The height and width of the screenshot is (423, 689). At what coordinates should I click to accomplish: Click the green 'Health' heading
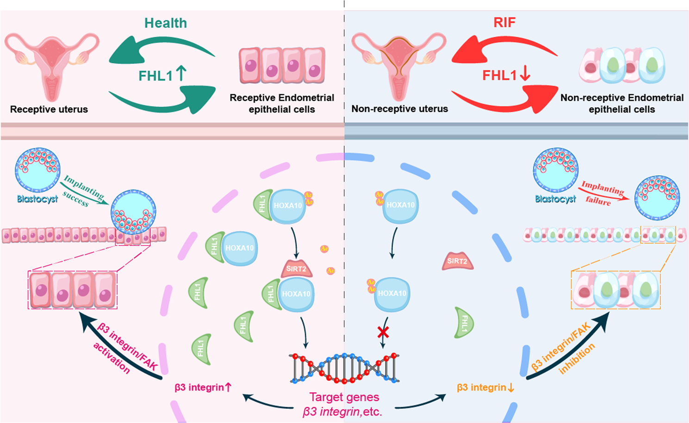[166, 23]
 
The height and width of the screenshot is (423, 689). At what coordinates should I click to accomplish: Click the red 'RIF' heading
[504, 22]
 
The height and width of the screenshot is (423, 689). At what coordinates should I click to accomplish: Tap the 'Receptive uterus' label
[49, 110]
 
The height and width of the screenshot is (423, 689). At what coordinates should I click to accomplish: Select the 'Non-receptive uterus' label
[400, 109]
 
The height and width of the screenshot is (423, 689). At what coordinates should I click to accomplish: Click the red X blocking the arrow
[383, 331]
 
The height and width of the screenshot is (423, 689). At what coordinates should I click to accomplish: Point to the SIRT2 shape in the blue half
[457, 261]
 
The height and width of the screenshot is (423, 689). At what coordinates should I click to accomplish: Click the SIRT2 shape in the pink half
[296, 269]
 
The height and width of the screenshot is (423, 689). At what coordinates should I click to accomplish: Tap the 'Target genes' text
[344, 397]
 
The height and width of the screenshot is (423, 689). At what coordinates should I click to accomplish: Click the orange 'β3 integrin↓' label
[485, 387]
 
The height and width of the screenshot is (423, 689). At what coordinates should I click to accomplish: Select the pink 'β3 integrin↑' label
[203, 387]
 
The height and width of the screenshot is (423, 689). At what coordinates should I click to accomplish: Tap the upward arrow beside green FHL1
[181, 74]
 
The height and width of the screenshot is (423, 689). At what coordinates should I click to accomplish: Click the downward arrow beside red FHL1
[525, 74]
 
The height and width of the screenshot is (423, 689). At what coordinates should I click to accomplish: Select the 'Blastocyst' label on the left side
[37, 199]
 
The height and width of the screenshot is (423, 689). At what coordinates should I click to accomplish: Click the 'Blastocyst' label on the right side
[555, 199]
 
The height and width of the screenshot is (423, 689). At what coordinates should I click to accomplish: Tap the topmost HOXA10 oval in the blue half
[401, 205]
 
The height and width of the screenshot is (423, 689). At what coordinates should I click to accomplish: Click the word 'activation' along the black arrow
[112, 358]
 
